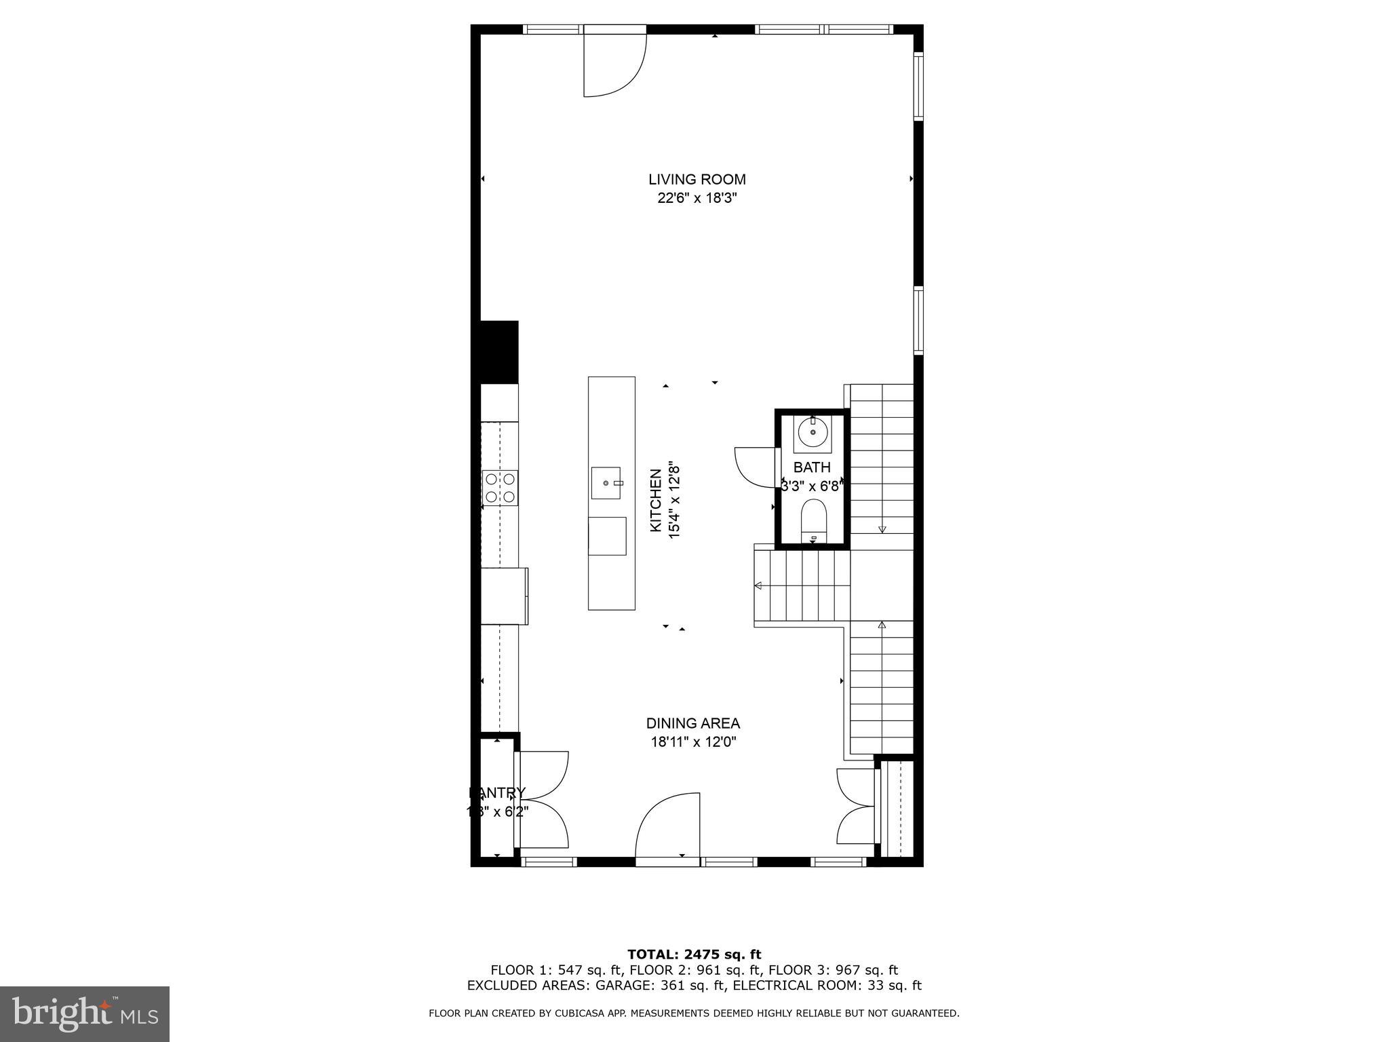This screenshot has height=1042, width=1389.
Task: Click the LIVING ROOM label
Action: (697, 179)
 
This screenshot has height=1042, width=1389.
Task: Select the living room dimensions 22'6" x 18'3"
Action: (697, 198)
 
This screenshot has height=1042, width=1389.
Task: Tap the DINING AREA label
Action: (692, 723)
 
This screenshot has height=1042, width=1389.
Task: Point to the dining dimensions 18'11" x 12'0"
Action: (693, 742)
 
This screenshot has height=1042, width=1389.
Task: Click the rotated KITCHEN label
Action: (656, 501)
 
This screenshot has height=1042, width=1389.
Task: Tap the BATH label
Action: (812, 467)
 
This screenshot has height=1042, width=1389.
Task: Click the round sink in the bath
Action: (812, 431)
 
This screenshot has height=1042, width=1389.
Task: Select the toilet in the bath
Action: (813, 520)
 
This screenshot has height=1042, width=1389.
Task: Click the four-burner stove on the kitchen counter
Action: (500, 488)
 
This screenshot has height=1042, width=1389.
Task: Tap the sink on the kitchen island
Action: (606, 482)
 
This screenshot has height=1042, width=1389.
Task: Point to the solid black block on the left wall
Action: (498, 352)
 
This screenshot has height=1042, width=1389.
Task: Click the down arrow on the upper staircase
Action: (882, 528)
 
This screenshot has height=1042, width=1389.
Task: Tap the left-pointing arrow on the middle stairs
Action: (758, 585)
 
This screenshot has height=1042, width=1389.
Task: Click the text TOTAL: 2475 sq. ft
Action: (694, 954)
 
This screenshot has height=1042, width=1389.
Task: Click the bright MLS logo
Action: (85, 1014)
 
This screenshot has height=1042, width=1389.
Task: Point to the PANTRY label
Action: (497, 793)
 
